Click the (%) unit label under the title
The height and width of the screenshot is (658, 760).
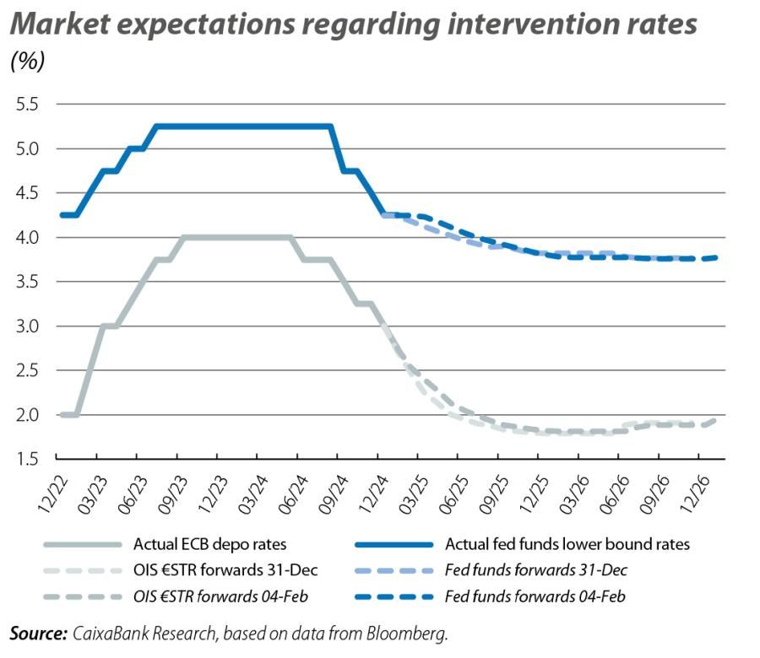[27, 61]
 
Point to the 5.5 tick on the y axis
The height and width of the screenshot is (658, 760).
[28, 105]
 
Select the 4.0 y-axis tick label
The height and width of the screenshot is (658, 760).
[28, 238]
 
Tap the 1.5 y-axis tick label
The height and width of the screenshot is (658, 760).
[28, 459]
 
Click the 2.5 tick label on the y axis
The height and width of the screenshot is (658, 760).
[28, 370]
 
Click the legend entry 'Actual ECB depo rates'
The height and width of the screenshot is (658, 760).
[215, 544]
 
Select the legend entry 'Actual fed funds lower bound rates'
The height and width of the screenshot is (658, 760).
[567, 544]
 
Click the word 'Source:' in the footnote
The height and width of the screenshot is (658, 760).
[39, 632]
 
